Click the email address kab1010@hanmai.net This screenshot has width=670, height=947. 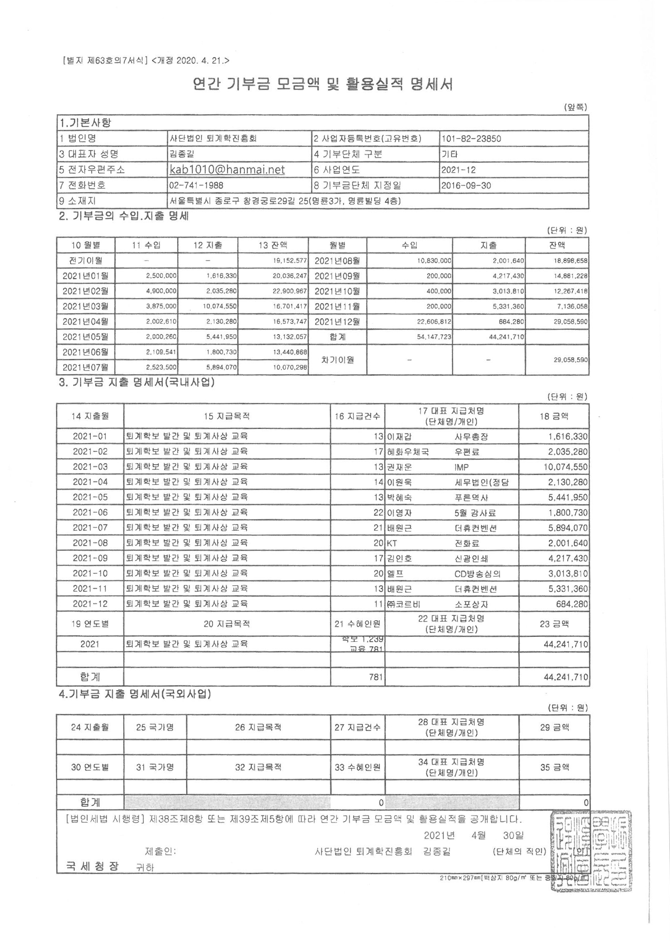coord(227,170)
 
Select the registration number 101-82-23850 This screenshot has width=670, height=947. coord(471,139)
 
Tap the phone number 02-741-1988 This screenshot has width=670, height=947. coord(193,185)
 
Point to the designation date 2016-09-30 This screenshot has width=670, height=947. coord(466,185)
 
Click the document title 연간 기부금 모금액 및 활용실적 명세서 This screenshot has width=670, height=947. coord(323,85)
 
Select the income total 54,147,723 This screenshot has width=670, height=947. coord(434,337)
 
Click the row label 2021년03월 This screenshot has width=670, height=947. coord(86,306)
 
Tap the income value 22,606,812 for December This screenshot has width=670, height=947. coord(434,322)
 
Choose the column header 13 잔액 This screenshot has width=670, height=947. coord(273,245)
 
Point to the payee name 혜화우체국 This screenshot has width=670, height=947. coord(408,452)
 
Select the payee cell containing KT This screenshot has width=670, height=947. coord(392,543)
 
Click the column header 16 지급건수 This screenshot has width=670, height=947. coord(357,416)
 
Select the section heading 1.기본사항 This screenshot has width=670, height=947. coord(86,123)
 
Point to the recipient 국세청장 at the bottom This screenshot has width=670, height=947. coord(92,866)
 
